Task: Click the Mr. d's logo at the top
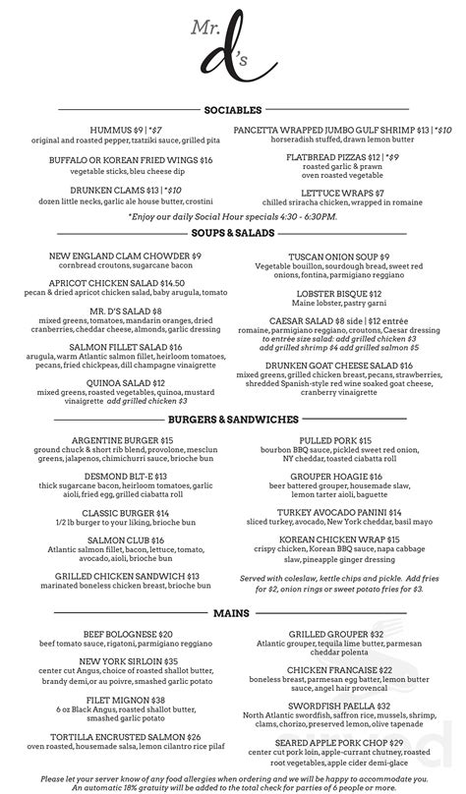[x=233, y=54]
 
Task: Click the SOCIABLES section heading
[x=233, y=110]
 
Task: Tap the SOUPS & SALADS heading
[x=233, y=234]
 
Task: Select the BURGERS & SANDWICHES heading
[x=233, y=419]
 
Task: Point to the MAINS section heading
[x=233, y=613]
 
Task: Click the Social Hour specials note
[x=232, y=215]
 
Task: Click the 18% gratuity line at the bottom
[x=233, y=785]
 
